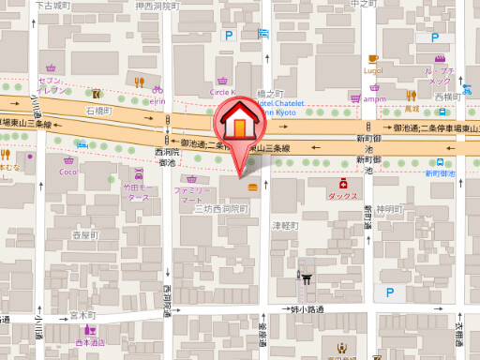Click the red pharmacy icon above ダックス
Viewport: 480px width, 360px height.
click(x=344, y=185)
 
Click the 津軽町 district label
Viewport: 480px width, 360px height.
click(x=284, y=226)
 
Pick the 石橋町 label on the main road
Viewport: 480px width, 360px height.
click(x=97, y=112)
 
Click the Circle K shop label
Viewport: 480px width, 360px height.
click(x=220, y=93)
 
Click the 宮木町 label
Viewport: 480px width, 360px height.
click(x=84, y=316)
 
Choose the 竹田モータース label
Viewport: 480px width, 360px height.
click(x=138, y=192)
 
